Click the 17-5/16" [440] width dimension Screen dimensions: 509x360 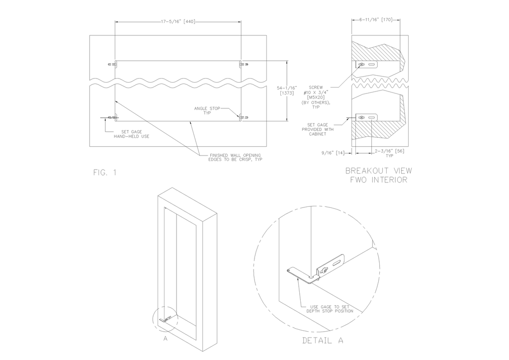(x=178, y=22)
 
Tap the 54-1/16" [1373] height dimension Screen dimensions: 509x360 (x=287, y=90)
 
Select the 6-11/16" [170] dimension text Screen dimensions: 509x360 (x=376, y=20)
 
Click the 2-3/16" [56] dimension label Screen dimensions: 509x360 (x=389, y=153)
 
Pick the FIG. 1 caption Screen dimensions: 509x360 (x=104, y=173)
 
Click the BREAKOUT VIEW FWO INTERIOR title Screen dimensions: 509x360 (x=378, y=176)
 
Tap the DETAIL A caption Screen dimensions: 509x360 (x=323, y=341)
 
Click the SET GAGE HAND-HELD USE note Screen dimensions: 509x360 (x=131, y=134)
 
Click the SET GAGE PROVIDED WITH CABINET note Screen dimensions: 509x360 (x=318, y=129)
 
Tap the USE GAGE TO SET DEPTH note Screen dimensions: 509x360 (x=330, y=309)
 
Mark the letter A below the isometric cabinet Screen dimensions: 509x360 (x=165, y=339)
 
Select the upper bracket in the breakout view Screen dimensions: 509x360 (x=366, y=65)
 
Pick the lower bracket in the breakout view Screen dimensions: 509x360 (x=366, y=117)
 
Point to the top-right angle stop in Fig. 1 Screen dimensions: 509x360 (x=244, y=65)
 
